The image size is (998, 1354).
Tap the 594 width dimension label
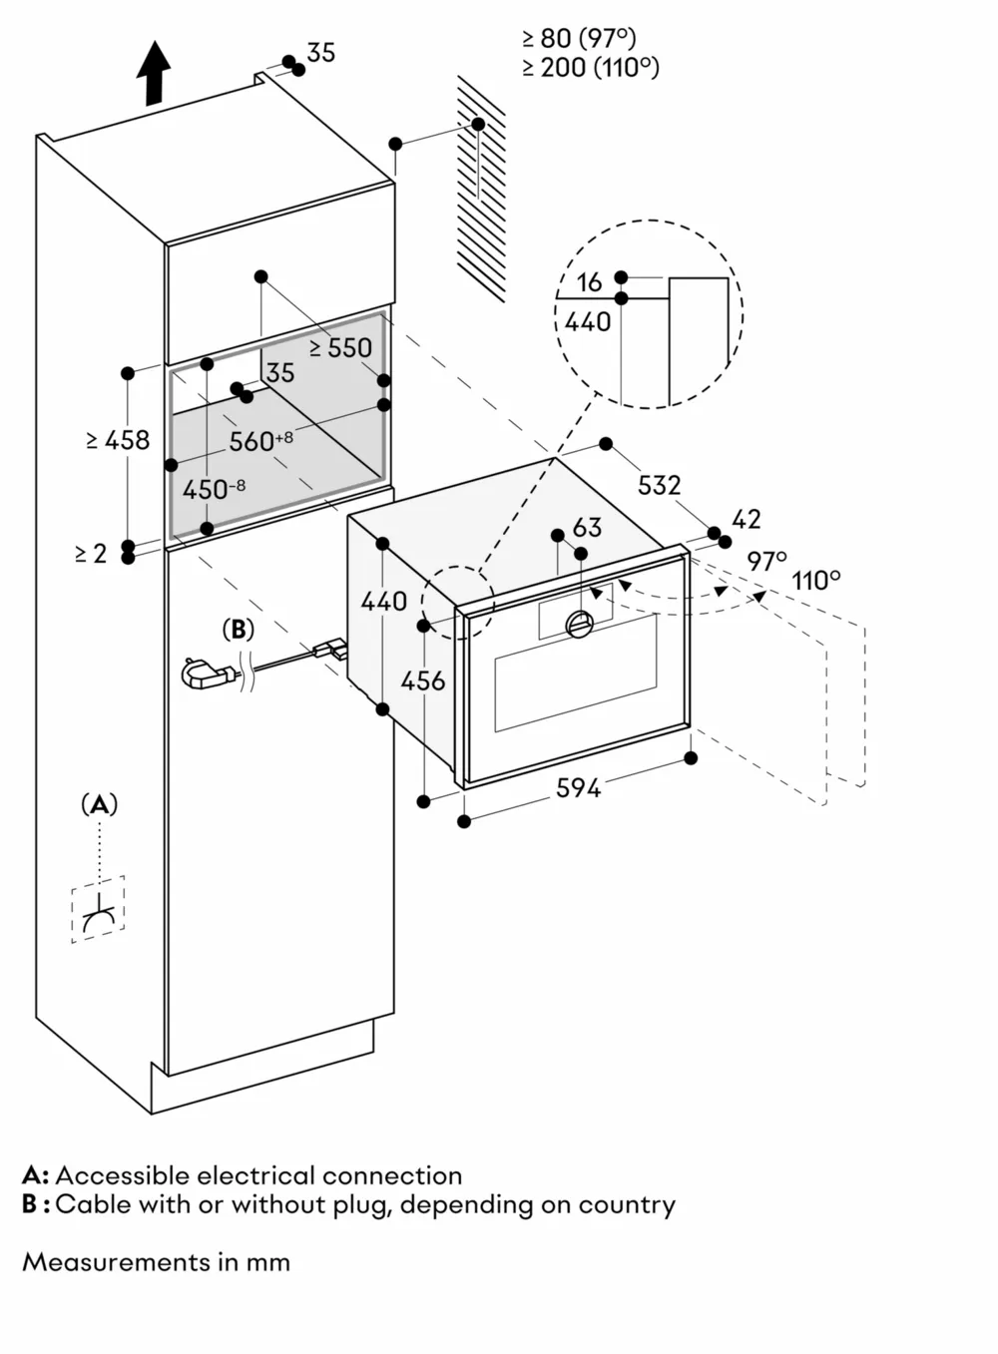pos(578,788)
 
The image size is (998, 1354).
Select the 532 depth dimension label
pos(659,485)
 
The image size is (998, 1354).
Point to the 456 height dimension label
pos(423,680)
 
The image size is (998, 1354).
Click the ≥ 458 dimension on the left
pos(118,439)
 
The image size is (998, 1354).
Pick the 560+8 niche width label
pos(260,440)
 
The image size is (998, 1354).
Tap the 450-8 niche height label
pos(214,490)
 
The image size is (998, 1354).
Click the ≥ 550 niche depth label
pos(340,347)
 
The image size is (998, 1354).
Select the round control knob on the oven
pos(580,625)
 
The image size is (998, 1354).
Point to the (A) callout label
pos(99,804)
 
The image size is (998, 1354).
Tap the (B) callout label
pos(238,630)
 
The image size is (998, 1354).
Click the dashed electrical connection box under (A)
pos(98,909)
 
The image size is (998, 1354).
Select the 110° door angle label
pos(815,581)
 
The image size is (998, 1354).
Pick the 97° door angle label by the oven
pos(766,561)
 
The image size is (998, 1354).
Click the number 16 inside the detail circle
pos(589,282)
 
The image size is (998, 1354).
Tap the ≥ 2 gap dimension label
pos(91,554)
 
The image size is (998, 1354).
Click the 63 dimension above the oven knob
pos(587,527)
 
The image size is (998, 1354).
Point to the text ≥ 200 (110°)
pos(590,68)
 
